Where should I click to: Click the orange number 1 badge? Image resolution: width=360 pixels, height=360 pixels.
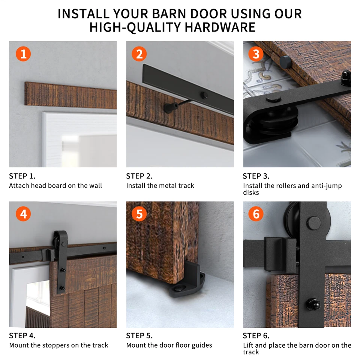pyautogui.click(x=23, y=54)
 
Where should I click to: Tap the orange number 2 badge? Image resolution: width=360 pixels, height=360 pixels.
pyautogui.click(x=139, y=54)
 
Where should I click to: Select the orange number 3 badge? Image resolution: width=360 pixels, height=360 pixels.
pyautogui.click(x=256, y=54)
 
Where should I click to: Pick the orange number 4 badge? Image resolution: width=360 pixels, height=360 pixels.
pyautogui.click(x=23, y=214)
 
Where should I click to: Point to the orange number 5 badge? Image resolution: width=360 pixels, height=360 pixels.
pyautogui.click(x=139, y=214)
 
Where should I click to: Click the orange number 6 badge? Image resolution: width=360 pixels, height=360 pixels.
pyautogui.click(x=256, y=214)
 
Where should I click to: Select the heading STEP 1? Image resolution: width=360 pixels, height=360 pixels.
pyautogui.click(x=22, y=176)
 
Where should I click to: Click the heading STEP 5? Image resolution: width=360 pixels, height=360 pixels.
pyautogui.click(x=139, y=336)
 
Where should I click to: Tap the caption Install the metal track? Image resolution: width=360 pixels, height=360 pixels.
pyautogui.click(x=160, y=186)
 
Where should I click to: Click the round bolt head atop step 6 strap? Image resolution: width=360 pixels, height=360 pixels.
pyautogui.click(x=313, y=222)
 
